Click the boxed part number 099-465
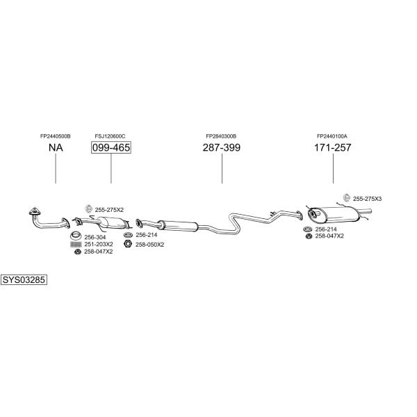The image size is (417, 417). pos(111,147)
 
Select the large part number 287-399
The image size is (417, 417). pos(222,147)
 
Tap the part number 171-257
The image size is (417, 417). pos(333,147)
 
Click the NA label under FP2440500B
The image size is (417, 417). pos(56,147)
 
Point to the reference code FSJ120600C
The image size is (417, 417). pos(110,136)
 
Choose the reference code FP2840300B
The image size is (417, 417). pos(221,136)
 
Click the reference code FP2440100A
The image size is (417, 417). pos(332,136)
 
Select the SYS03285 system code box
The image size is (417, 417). pos(24,280)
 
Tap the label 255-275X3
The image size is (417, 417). pos(367,199)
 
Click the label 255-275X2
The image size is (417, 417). pos(109,210)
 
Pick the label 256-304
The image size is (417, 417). pos(95,237)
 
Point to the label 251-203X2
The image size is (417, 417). pos(99,245)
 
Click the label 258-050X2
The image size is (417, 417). pos(149,245)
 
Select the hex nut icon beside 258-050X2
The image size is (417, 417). pos(128,244)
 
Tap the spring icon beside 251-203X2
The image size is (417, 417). pos(76,245)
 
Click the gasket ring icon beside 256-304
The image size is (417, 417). pos(76,236)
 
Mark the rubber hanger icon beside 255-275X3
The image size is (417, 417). pos(346,197)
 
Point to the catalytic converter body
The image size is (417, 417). pos(113,222)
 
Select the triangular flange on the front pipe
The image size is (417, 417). pos(34,212)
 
